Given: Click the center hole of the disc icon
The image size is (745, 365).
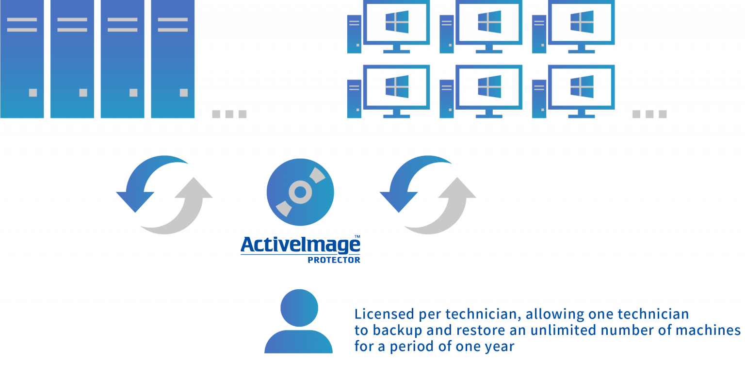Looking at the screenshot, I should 300,193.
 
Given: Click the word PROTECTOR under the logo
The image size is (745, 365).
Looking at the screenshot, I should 334,260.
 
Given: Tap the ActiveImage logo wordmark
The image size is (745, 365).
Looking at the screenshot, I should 300,245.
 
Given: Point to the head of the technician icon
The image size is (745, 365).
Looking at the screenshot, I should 299,308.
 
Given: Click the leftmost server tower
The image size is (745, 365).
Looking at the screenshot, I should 22,58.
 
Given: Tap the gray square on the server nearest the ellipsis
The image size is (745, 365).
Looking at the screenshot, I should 184,92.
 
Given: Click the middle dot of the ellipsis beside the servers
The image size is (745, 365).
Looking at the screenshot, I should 229,114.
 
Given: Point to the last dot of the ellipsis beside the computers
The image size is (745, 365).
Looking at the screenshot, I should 663,114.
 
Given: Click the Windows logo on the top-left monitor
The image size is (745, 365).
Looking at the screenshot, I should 397,22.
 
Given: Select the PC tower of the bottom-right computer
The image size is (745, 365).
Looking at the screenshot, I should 539,100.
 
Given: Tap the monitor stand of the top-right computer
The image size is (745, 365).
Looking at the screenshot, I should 581,49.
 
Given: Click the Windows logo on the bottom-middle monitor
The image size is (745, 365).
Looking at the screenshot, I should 489,86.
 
